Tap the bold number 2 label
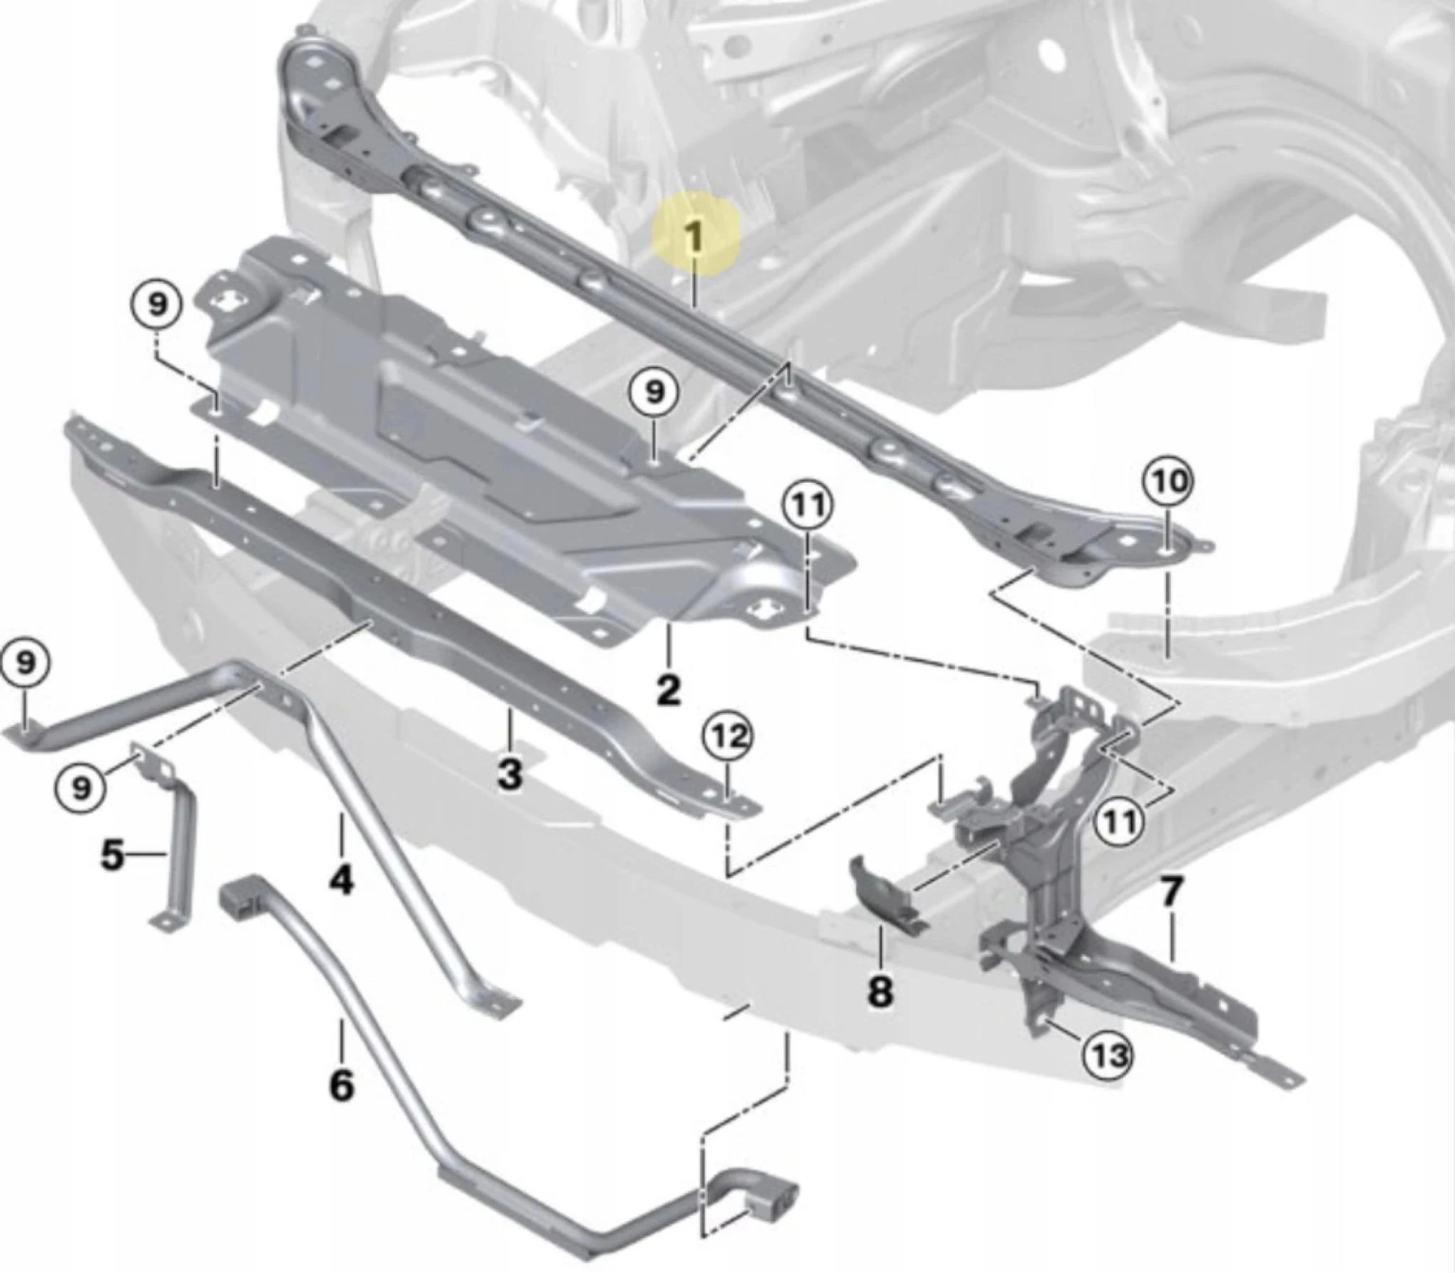668,690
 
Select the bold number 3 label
509,773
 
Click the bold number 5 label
112,856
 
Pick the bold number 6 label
341,1084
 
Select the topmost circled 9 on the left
157,304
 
